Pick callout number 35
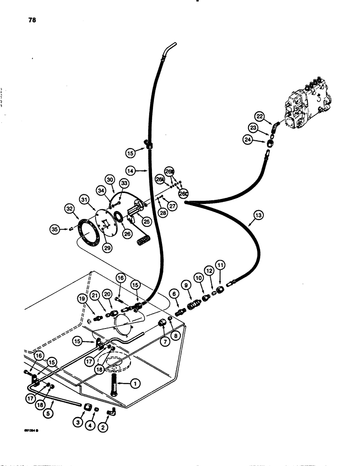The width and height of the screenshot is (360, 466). (x=55, y=229)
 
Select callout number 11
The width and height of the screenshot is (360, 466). (x=220, y=265)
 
